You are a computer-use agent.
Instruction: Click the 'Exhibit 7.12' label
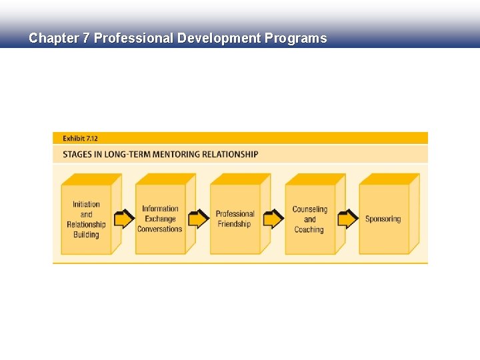tap(80, 138)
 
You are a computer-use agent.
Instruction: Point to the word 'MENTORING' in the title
tap(175, 155)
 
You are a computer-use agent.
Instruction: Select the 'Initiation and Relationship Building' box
tap(86, 219)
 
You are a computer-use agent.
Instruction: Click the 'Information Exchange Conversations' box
tap(160, 219)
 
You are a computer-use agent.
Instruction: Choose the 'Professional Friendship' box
tap(235, 219)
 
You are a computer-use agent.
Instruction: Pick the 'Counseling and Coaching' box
tap(309, 219)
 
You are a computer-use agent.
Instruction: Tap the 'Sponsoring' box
tap(383, 219)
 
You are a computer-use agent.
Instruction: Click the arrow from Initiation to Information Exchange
tap(124, 219)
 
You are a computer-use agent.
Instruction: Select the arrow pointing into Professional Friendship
tap(199, 219)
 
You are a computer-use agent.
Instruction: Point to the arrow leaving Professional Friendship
tap(273, 219)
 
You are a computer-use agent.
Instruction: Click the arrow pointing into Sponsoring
tap(348, 219)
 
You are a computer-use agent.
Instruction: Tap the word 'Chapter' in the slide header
tap(53, 38)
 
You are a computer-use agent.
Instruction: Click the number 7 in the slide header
tap(86, 38)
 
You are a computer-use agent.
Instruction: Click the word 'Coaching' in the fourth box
tap(309, 229)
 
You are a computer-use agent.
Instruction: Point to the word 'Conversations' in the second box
tap(160, 229)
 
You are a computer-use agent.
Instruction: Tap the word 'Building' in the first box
tap(86, 235)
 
